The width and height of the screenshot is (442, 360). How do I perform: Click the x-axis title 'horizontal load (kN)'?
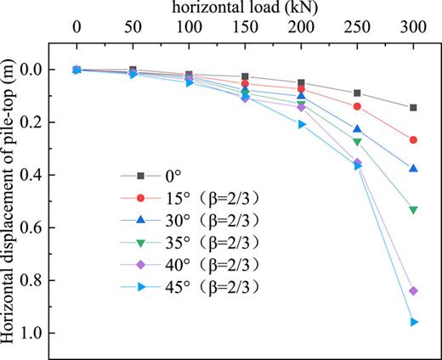pyautogui.click(x=243, y=8)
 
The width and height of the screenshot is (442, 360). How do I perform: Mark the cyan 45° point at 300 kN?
pyautogui.click(x=414, y=322)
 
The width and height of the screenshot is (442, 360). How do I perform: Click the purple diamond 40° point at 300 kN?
pyautogui.click(x=413, y=290)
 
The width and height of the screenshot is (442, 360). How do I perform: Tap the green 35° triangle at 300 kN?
pyautogui.click(x=413, y=210)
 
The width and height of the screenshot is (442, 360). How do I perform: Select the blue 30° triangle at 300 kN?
pyautogui.click(x=413, y=168)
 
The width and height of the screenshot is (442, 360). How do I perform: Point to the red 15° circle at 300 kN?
pyautogui.click(x=413, y=139)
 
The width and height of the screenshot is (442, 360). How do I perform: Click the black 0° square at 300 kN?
pyautogui.click(x=413, y=108)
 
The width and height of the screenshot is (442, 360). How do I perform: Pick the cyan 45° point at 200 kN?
pyautogui.click(x=302, y=124)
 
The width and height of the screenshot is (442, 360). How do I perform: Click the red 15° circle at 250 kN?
pyautogui.click(x=357, y=106)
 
